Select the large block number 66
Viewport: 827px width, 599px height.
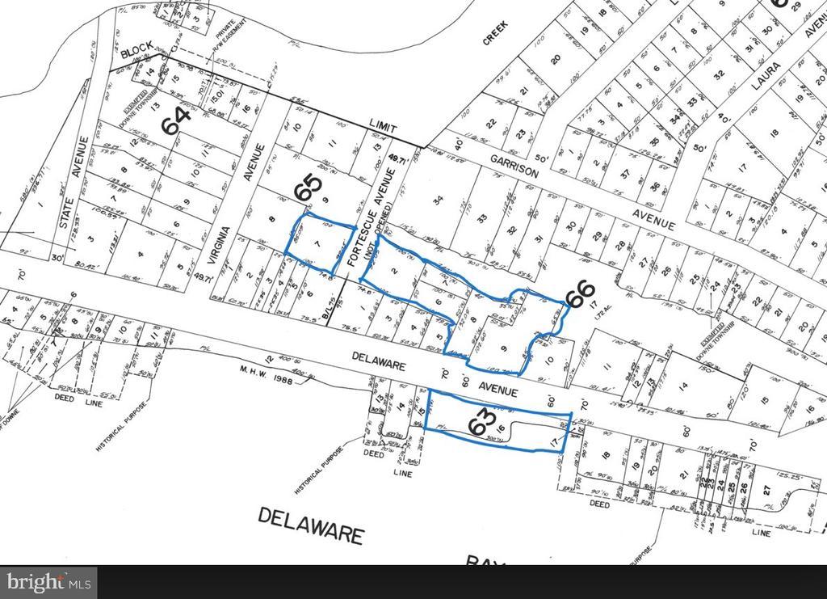(x=579, y=297)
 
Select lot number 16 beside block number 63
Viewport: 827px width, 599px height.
(x=501, y=430)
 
